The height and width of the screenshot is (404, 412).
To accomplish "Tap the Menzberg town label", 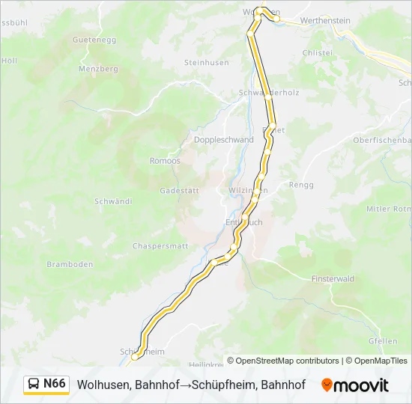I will pyautogui.click(x=99, y=69).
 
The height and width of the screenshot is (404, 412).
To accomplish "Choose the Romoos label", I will pyautogui.click(x=165, y=161).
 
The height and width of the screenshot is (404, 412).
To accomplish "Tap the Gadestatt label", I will pyautogui.click(x=179, y=191).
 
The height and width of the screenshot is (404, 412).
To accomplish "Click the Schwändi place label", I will pyautogui.click(x=113, y=202).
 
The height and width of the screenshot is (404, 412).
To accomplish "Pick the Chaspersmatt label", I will pyautogui.click(x=160, y=246).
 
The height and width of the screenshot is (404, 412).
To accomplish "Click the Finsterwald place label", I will pyautogui.click(x=332, y=278).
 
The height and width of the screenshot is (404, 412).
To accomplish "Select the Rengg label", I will pyautogui.click(x=301, y=185).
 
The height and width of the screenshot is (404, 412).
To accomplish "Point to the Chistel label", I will pyautogui.click(x=316, y=53).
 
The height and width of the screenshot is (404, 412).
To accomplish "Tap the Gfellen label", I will pyautogui.click(x=383, y=341).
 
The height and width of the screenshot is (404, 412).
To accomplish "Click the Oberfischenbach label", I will pyautogui.click(x=382, y=140).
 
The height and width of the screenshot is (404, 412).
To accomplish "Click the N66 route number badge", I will pyautogui.click(x=54, y=384).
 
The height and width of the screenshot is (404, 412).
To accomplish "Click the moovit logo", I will pyautogui.click(x=355, y=385).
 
